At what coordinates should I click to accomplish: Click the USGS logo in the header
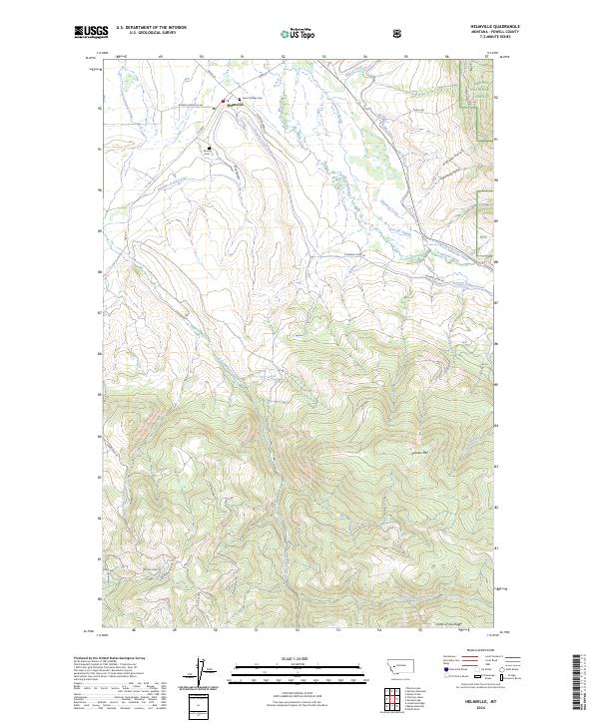[92, 32]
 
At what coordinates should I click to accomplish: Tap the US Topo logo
[297, 33]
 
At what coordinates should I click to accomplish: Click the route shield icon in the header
[398, 33]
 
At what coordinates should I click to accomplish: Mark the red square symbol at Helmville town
[224, 101]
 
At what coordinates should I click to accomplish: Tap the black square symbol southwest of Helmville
[210, 149]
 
